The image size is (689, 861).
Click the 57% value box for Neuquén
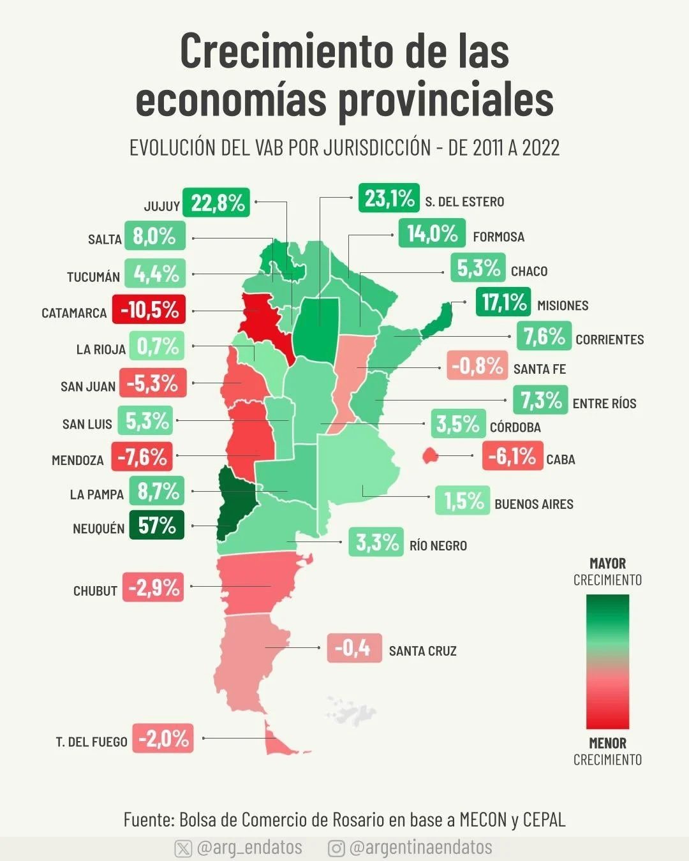pyautogui.click(x=156, y=525)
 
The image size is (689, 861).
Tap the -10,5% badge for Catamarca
pyautogui.click(x=149, y=310)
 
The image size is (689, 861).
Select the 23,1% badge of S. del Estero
pyautogui.click(x=389, y=198)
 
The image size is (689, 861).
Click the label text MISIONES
pyautogui.click(x=562, y=305)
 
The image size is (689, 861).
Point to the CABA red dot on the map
pyautogui.click(x=429, y=455)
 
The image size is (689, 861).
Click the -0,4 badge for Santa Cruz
pyautogui.click(x=354, y=648)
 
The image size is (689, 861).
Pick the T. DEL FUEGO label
pyautogui.click(x=91, y=742)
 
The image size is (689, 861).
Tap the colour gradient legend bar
pyautogui.click(x=607, y=661)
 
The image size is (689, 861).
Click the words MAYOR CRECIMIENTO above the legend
pyautogui.click(x=607, y=571)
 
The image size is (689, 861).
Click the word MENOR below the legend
pyautogui.click(x=607, y=743)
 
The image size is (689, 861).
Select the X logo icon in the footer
pyautogui.click(x=183, y=848)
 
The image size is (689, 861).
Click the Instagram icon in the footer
pyautogui.click(x=336, y=848)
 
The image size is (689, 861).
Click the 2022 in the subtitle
pyautogui.click(x=540, y=148)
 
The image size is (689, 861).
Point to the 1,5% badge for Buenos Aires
pyautogui.click(x=463, y=501)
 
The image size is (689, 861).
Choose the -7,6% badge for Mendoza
pyautogui.click(x=142, y=457)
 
